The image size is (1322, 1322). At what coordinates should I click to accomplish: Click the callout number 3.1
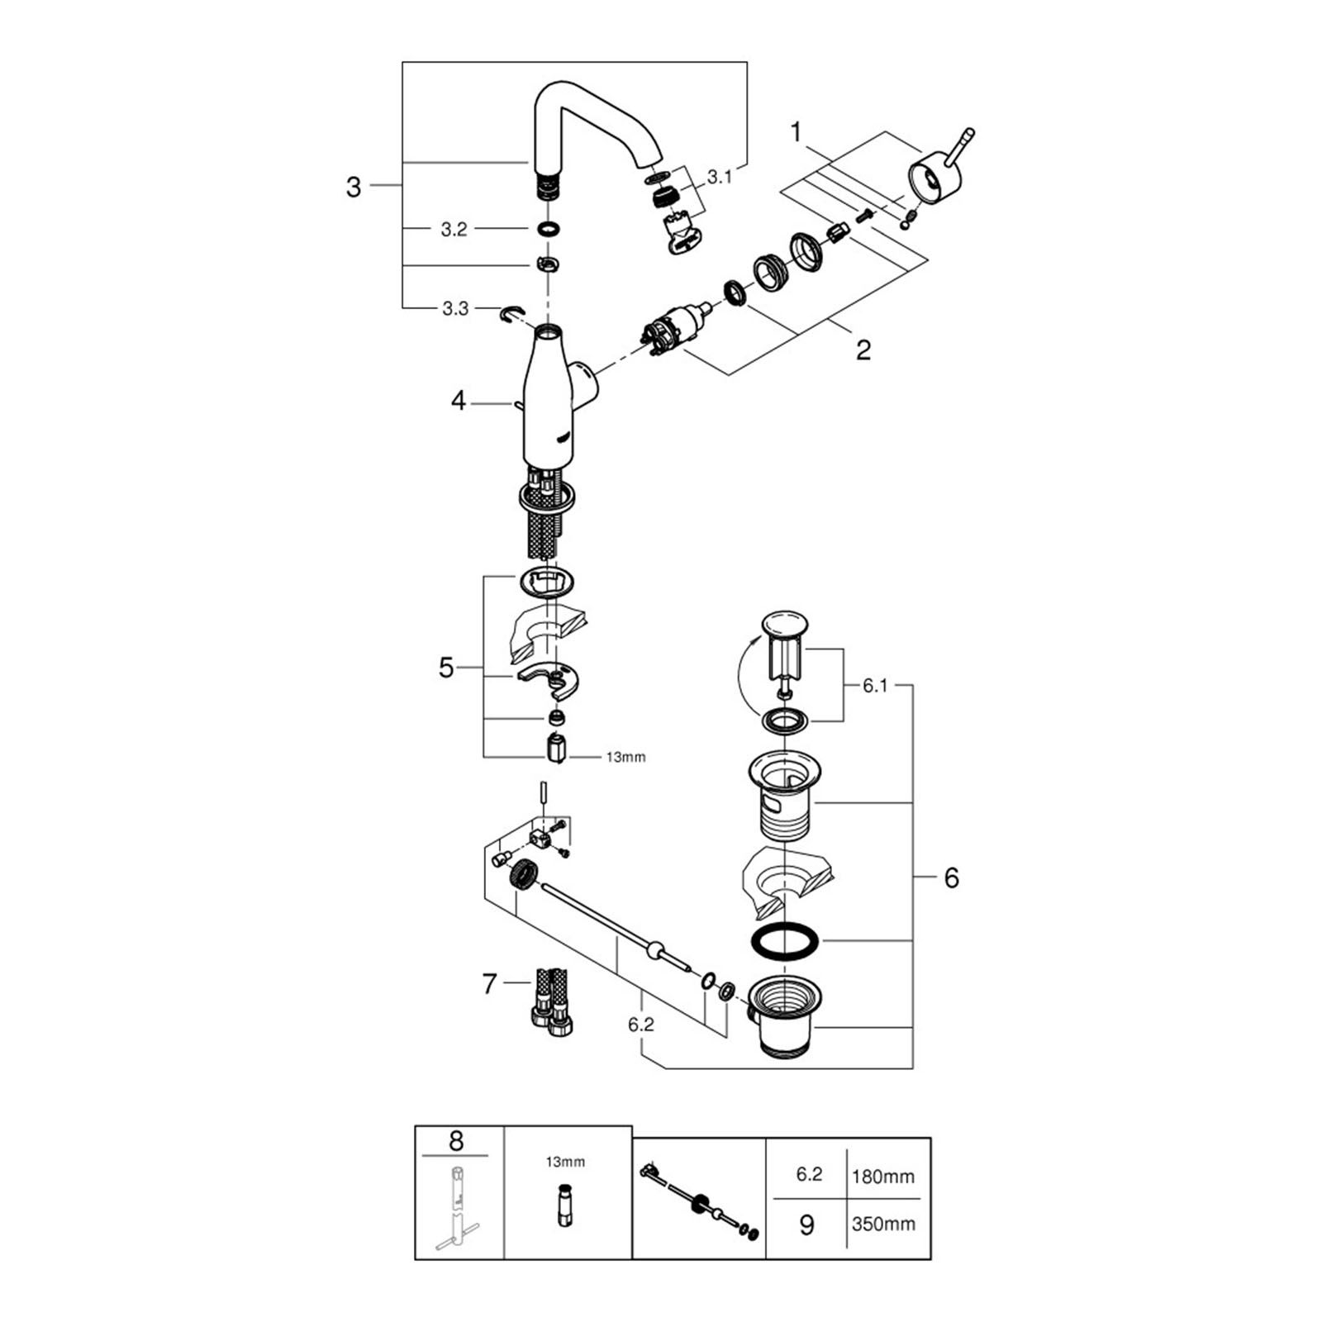(719, 178)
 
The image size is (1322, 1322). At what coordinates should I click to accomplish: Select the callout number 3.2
(454, 230)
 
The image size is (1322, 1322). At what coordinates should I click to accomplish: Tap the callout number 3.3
(454, 309)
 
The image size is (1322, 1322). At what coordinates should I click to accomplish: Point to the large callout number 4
(459, 402)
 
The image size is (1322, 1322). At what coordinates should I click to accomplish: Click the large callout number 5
(446, 668)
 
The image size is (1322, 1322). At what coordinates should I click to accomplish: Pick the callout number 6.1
(875, 686)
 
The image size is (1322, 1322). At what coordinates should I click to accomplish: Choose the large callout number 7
(489, 984)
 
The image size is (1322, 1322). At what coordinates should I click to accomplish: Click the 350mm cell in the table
(883, 1224)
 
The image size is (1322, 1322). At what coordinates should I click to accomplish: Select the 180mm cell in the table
(883, 1177)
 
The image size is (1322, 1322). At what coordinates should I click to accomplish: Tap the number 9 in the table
(807, 1225)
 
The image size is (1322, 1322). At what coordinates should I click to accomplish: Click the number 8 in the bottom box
(456, 1142)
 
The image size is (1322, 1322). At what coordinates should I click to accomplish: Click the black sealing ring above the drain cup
(785, 942)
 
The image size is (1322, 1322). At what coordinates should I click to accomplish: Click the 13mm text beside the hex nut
(625, 757)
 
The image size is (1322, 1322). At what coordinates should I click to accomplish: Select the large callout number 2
(863, 350)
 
